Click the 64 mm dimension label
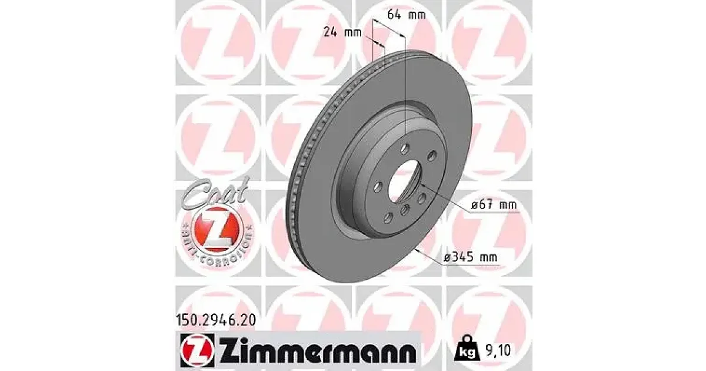tap(407, 15)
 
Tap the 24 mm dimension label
tap(342, 32)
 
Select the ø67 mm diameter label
tap(494, 205)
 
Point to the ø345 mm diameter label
tap(471, 257)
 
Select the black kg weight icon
tap(467, 351)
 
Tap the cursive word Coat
tap(215, 193)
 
